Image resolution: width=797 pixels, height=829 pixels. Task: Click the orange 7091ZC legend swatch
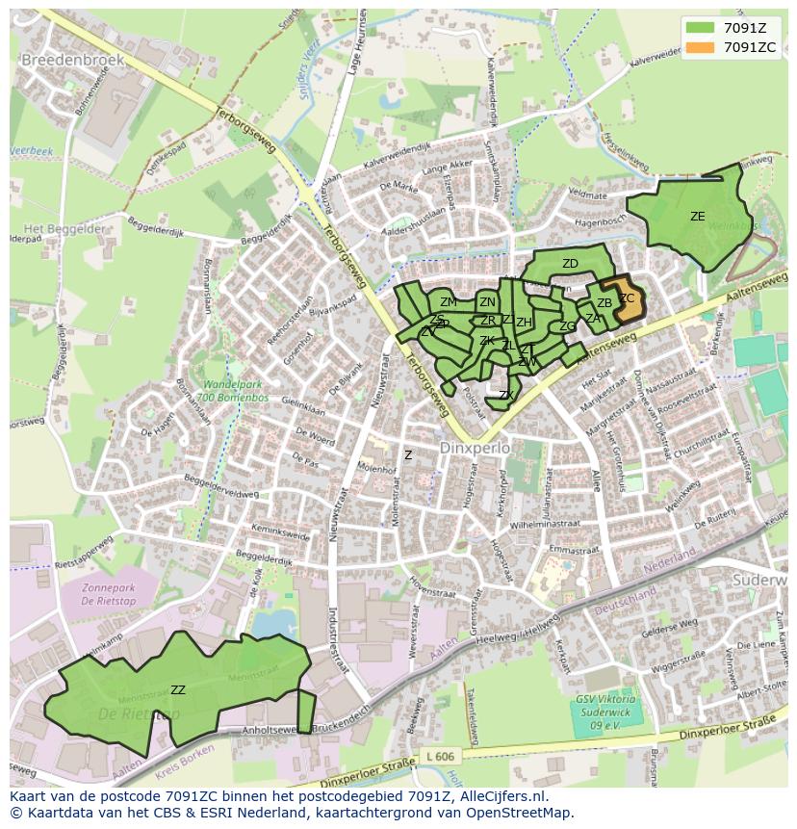click(701, 46)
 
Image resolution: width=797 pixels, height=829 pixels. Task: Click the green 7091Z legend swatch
click(701, 28)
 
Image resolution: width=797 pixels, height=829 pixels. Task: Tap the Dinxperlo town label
click(473, 449)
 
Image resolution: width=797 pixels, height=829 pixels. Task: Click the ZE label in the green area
click(697, 217)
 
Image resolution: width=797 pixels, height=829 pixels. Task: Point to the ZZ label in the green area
click(178, 689)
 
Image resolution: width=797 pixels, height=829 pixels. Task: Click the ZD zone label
click(570, 264)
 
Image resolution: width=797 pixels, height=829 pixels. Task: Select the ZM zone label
click(449, 302)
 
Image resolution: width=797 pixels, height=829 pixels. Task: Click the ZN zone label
click(488, 302)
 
